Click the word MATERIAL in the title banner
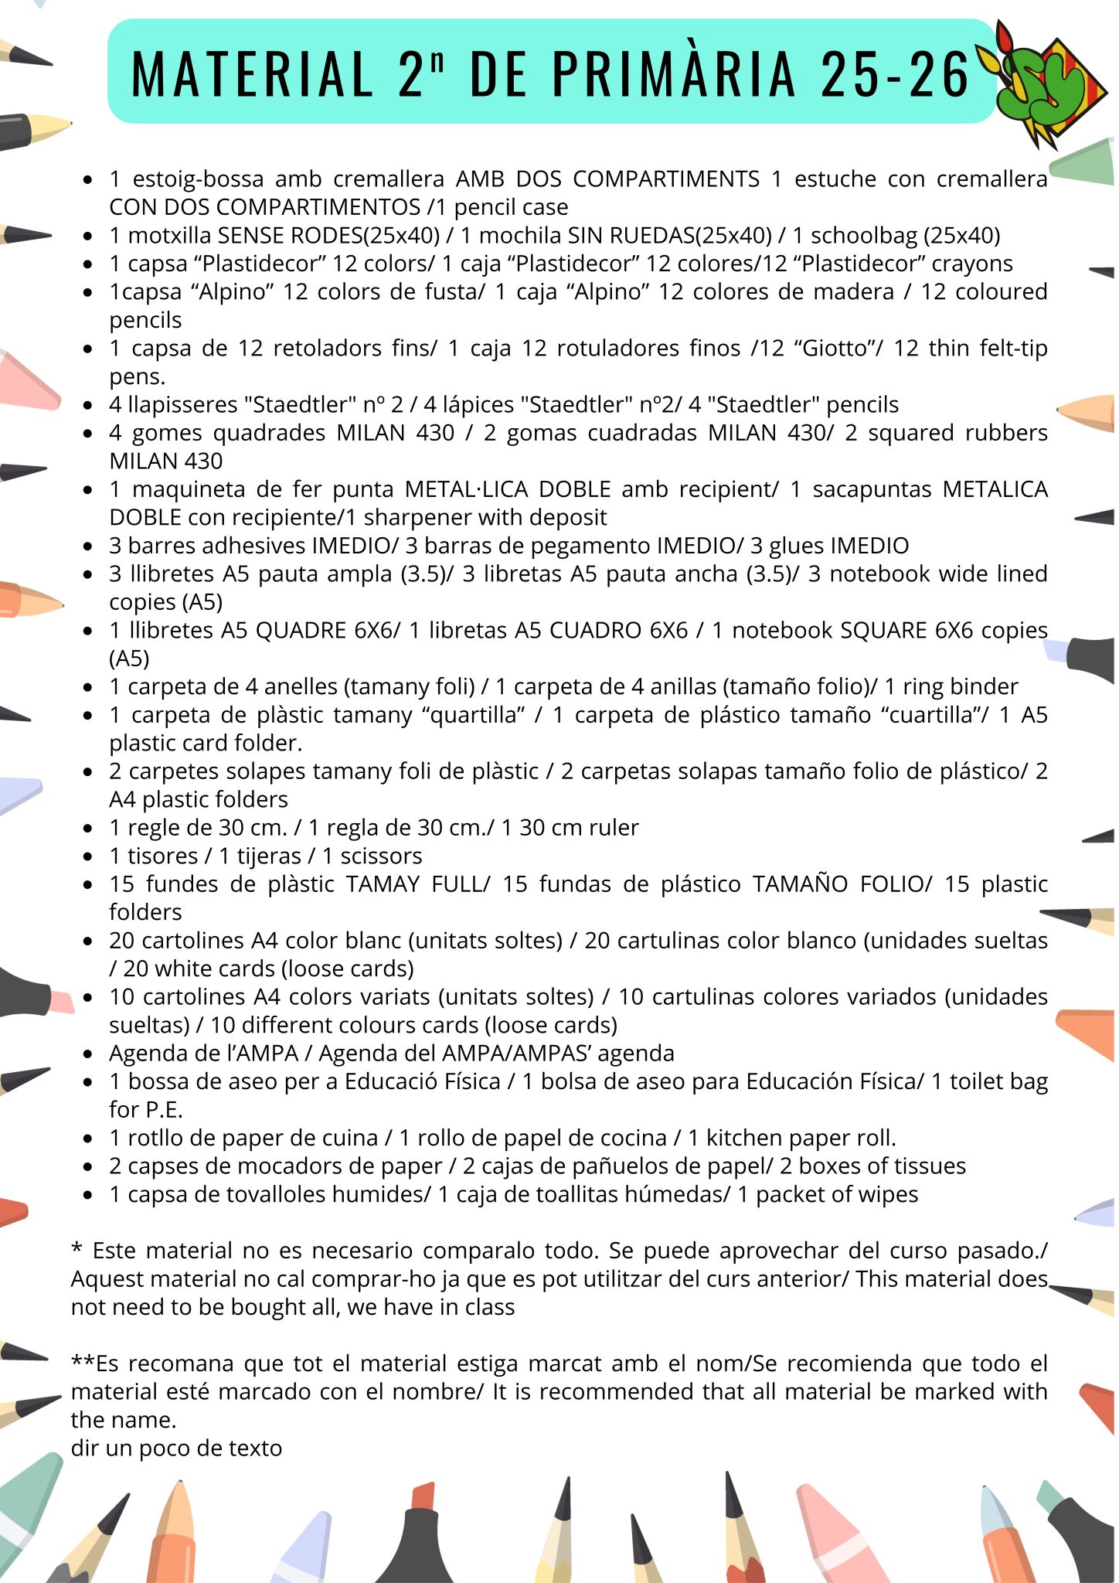pyautogui.click(x=252, y=74)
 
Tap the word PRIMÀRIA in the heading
pyautogui.click(x=673, y=74)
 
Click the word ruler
pyautogui.click(x=611, y=827)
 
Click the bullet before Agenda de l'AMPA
pyautogui.click(x=89, y=1054)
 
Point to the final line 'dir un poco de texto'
pyautogui.click(x=176, y=1448)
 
